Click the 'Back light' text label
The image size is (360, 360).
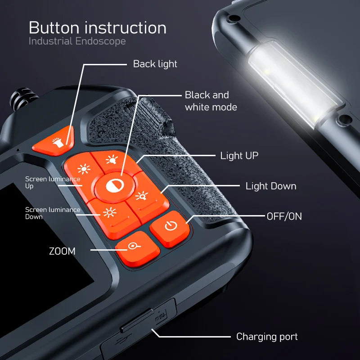[x=155, y=64]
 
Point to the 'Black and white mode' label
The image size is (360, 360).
[x=211, y=101]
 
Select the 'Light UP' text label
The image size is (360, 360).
[x=239, y=156]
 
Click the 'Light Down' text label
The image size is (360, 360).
[x=270, y=186]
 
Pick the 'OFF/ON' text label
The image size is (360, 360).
[x=284, y=216]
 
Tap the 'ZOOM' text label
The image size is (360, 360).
[x=62, y=251]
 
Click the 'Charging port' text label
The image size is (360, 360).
[x=267, y=337]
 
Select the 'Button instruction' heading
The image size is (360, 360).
[x=98, y=28]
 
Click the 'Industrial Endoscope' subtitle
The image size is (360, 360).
[x=77, y=42]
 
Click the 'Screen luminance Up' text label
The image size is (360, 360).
[x=52, y=182]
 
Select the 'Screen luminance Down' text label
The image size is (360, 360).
[x=52, y=213]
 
